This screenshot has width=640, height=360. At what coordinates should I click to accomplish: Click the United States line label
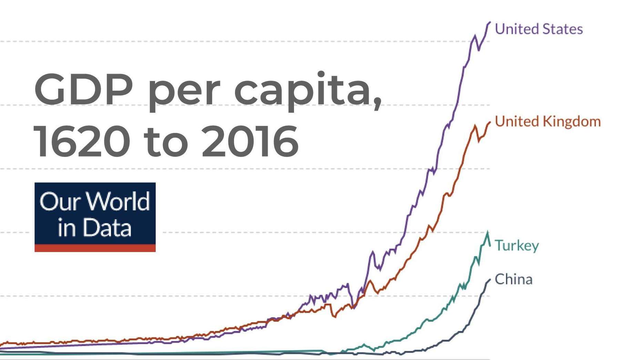click(538, 29)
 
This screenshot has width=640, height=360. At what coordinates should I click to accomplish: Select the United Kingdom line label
click(547, 121)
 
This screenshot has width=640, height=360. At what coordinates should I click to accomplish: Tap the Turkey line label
click(516, 246)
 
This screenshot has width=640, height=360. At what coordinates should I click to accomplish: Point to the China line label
click(513, 279)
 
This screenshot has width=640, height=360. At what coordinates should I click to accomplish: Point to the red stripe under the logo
click(95, 248)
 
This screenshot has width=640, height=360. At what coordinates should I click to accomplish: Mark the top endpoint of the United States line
click(490, 22)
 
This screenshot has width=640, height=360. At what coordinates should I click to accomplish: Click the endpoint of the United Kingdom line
click(490, 122)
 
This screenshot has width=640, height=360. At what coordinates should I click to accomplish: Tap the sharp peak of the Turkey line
click(488, 233)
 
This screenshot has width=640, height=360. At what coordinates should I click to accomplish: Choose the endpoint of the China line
click(490, 280)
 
